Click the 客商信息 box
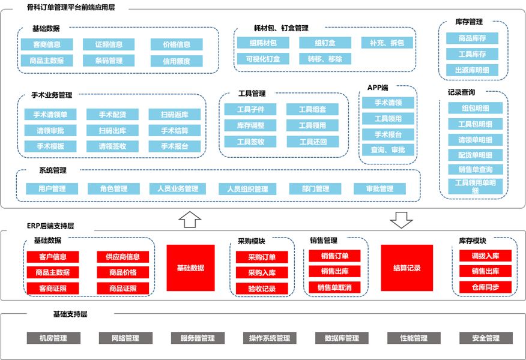47,44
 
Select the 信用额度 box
177,61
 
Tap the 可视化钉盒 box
263,59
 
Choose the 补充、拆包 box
387,43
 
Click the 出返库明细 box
472,70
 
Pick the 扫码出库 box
112,130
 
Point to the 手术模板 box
50,146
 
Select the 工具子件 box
250,109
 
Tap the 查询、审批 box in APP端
388,150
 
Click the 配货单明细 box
476,155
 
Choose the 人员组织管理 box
247,189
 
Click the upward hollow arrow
190,220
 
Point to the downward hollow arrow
401,220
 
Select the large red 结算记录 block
407,268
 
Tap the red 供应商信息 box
122,257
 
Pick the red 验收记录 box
262,289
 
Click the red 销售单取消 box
334,287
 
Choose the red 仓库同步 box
485,287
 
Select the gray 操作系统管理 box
270,338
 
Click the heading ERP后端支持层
50,226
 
